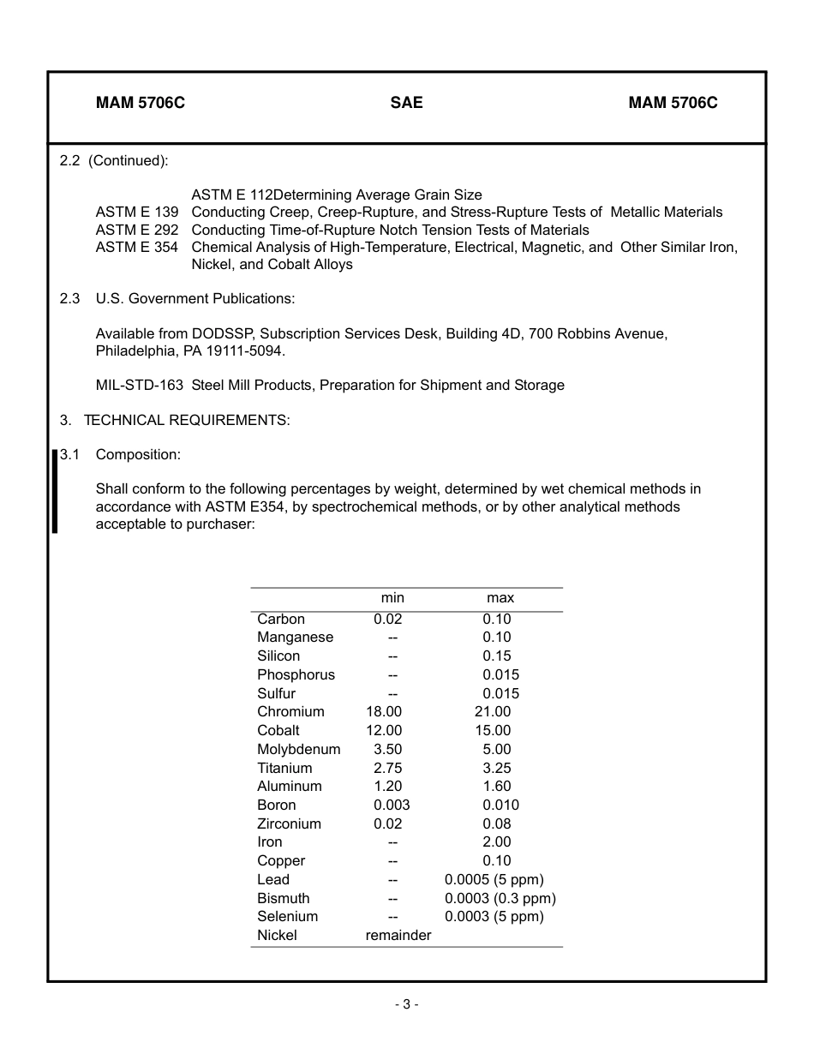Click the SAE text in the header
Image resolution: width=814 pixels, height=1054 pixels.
pyautogui.click(x=406, y=103)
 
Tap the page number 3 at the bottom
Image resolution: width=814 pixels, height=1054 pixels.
pyautogui.click(x=406, y=1005)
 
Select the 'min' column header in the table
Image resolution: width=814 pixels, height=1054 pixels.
pyautogui.click(x=392, y=598)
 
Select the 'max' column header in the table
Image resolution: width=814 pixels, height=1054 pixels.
pyautogui.click(x=500, y=598)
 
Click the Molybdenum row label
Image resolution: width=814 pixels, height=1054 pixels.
pyautogui.click(x=298, y=750)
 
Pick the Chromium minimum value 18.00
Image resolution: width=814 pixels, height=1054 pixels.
pyautogui.click(x=384, y=712)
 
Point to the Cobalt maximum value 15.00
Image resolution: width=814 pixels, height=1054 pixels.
pyautogui.click(x=493, y=731)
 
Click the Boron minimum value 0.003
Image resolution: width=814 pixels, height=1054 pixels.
pyautogui.click(x=392, y=805)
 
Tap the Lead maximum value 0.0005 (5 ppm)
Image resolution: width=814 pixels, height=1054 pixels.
pyautogui.click(x=494, y=880)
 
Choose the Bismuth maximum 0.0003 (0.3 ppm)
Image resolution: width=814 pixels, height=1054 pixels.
pyautogui.click(x=500, y=899)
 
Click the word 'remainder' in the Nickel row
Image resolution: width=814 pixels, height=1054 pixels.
pyautogui.click(x=398, y=936)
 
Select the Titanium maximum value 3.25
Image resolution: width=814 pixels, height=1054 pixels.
pyautogui.click(x=496, y=769)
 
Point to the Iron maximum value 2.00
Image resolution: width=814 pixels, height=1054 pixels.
pyautogui.click(x=496, y=842)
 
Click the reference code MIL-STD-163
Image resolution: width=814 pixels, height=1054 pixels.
pyautogui.click(x=139, y=386)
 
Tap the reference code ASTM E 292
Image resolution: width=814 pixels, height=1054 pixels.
pyautogui.click(x=137, y=231)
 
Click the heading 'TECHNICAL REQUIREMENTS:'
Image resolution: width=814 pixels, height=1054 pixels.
pyautogui.click(x=187, y=420)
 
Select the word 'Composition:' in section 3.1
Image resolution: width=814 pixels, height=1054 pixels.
pyautogui.click(x=138, y=454)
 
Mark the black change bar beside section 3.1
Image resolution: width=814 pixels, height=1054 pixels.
pyautogui.click(x=55, y=491)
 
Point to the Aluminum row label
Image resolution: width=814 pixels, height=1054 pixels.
pyautogui.click(x=290, y=787)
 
